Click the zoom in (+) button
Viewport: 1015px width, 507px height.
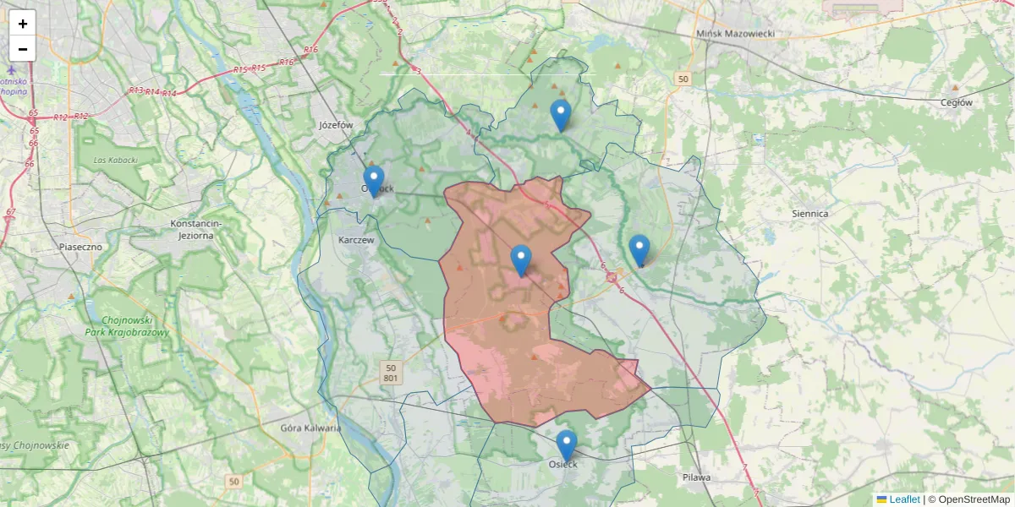click(x=23, y=24)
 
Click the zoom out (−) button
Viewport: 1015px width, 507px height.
click(x=23, y=49)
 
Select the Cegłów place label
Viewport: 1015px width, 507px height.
click(x=957, y=102)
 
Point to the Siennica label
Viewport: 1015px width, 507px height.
click(x=809, y=214)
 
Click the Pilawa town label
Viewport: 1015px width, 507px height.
click(x=697, y=477)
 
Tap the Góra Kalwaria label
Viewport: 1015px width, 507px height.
click(x=310, y=428)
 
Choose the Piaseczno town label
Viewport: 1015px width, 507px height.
click(x=80, y=247)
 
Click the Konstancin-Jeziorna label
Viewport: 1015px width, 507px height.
click(x=195, y=229)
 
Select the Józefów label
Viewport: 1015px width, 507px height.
click(x=336, y=124)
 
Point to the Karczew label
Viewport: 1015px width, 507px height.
click(x=355, y=240)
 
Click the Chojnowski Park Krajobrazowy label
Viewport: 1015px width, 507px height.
click(x=128, y=326)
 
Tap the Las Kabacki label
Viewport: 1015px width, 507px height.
click(x=116, y=159)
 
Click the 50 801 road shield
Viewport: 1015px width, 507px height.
click(x=390, y=373)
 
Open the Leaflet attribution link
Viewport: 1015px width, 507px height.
click(x=904, y=499)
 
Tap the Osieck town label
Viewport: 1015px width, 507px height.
click(x=562, y=464)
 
